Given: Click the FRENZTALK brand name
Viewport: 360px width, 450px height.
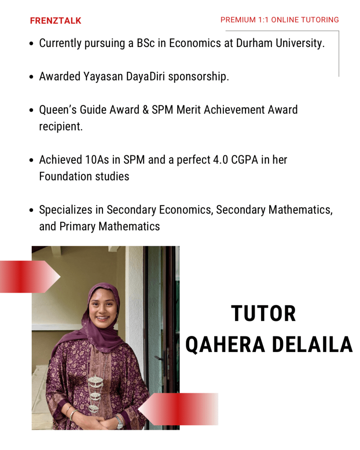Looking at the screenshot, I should click(x=55, y=21).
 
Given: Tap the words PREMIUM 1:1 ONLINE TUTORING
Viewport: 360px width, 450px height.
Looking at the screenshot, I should click(x=279, y=20).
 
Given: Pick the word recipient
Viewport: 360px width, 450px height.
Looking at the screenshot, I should click(x=61, y=127).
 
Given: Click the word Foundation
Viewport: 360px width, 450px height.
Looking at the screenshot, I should click(x=60, y=176).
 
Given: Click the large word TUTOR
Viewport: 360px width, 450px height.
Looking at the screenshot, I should click(x=264, y=314).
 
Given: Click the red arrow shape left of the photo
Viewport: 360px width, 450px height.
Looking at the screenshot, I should click(x=29, y=277).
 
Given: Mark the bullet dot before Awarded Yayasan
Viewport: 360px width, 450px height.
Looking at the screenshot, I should click(x=31, y=77).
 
